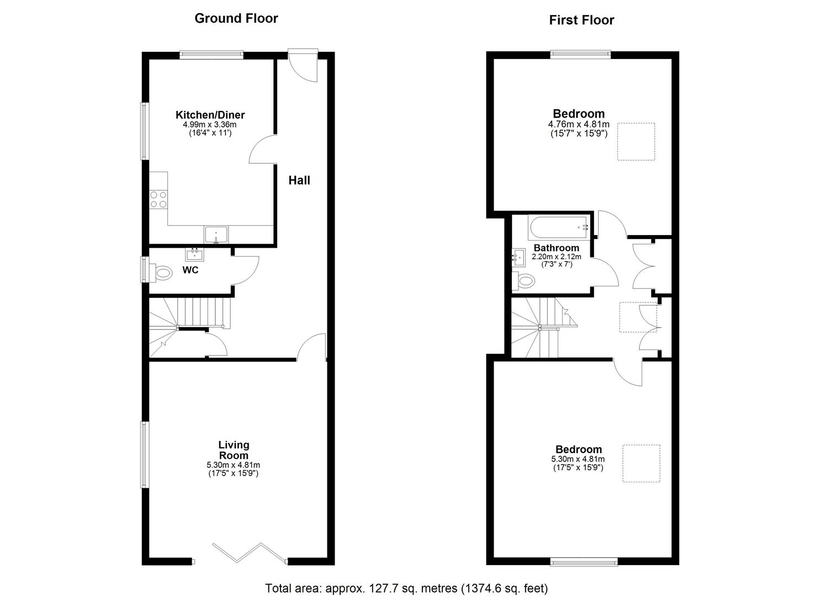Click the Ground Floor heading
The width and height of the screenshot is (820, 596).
(x=236, y=18)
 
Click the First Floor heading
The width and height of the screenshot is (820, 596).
(x=581, y=20)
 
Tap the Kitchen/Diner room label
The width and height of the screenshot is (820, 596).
(x=210, y=115)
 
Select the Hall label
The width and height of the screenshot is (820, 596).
(x=299, y=180)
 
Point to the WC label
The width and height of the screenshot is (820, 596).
(x=191, y=270)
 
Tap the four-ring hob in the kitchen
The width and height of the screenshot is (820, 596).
(x=158, y=200)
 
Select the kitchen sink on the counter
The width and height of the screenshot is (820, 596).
(x=216, y=235)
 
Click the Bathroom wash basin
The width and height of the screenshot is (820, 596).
(x=519, y=258)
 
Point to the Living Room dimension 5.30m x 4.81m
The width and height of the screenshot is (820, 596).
(x=234, y=465)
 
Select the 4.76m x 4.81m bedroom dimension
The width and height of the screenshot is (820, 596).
(x=579, y=124)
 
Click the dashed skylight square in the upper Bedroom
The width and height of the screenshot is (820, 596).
(x=636, y=142)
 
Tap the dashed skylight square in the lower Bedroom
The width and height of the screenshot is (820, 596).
(x=641, y=464)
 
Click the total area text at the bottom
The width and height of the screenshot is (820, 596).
(x=406, y=588)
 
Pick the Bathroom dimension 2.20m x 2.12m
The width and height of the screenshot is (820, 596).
(x=557, y=257)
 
